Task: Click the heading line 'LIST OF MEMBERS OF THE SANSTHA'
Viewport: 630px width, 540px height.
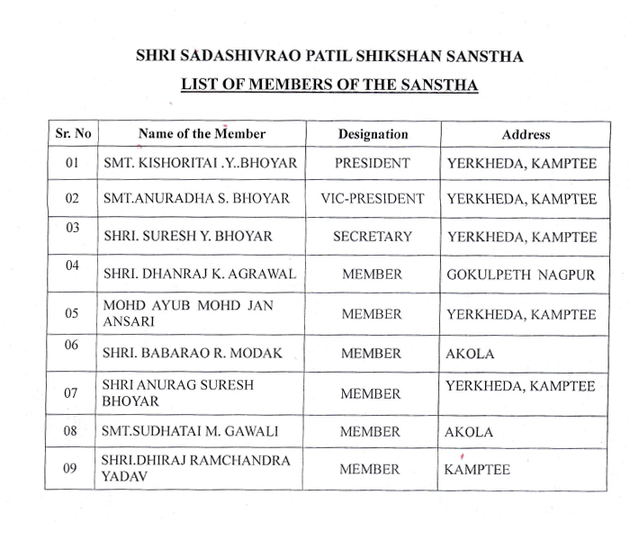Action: coord(329,85)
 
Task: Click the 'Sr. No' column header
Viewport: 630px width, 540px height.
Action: coord(73,133)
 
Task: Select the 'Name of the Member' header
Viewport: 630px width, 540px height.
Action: coord(202,133)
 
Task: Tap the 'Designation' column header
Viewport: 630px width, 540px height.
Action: coord(373,134)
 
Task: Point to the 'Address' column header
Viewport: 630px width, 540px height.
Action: coord(526,134)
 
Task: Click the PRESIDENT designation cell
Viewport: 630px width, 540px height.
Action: coord(372,164)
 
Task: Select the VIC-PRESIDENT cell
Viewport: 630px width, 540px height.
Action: coord(372,198)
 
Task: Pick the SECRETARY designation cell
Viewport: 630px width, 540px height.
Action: coord(372,237)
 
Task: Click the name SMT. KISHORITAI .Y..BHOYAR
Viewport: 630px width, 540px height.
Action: coord(200,164)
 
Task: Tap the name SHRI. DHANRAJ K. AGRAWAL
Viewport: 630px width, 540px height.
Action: coord(199,274)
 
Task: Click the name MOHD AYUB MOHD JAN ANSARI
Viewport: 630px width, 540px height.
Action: coord(188,313)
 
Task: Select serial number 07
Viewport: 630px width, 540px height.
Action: coord(73,393)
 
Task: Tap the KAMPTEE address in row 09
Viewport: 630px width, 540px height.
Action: coord(477,470)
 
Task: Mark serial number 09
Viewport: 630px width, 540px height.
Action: coord(73,468)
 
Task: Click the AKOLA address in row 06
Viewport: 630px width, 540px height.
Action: coord(470,354)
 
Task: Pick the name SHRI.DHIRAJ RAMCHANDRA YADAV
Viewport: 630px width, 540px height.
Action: coord(195,469)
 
